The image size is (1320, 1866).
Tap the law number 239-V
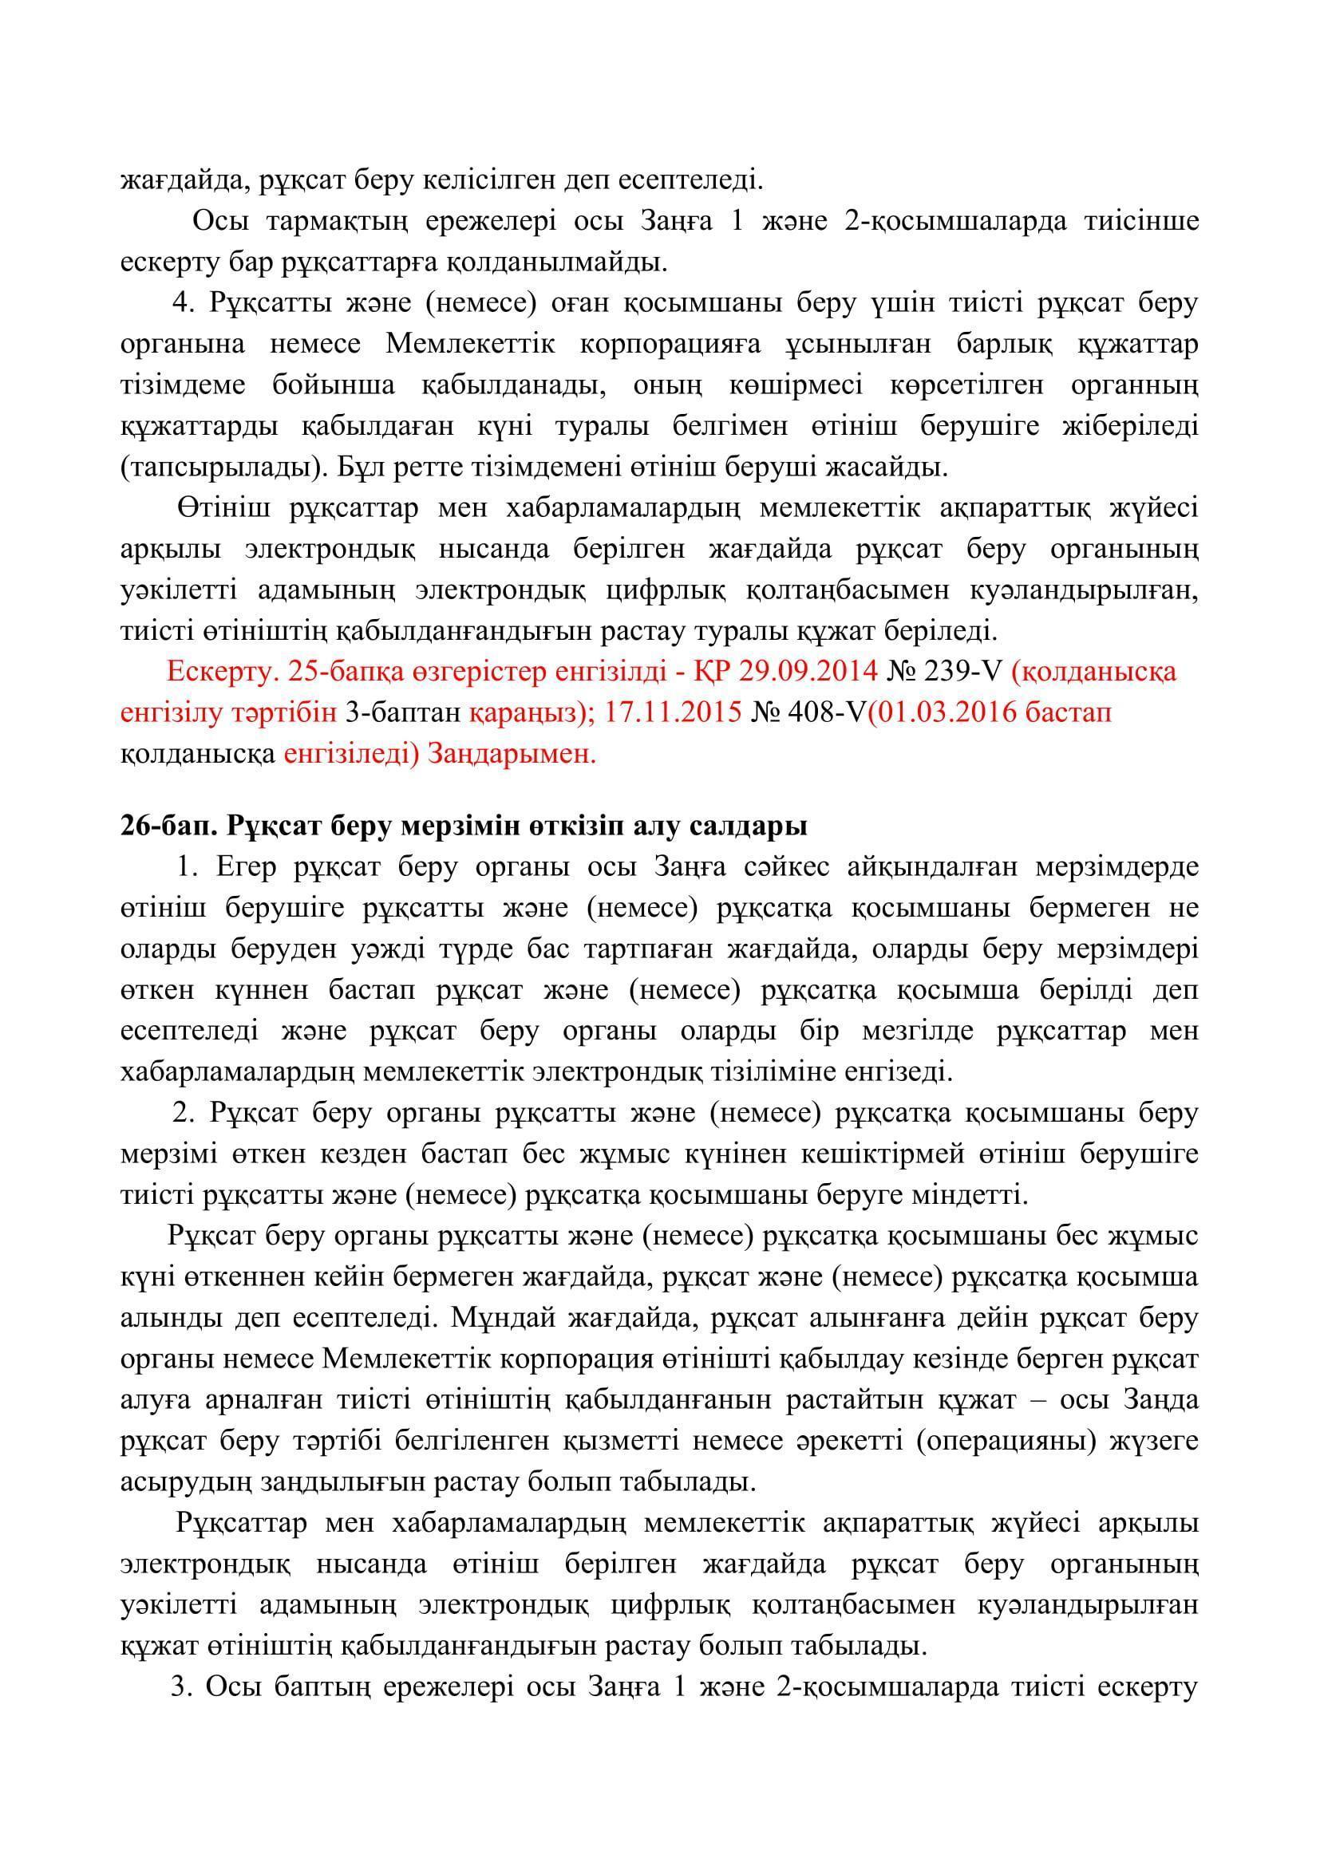click(966, 671)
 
